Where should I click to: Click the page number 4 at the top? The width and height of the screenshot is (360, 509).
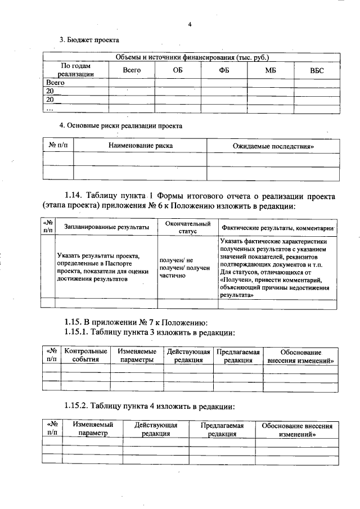(190, 24)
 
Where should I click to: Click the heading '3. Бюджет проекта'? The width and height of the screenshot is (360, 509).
(89, 40)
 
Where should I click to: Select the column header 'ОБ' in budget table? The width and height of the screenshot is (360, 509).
(178, 70)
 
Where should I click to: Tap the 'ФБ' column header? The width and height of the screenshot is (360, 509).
(224, 70)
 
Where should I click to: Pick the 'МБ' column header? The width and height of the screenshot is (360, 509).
(271, 70)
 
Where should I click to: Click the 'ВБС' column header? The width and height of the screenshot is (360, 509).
(317, 70)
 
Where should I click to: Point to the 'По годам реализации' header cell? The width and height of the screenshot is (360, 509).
(75, 70)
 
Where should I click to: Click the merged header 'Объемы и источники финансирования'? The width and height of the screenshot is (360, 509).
(192, 57)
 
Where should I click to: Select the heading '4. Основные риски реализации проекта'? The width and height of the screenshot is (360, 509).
(121, 125)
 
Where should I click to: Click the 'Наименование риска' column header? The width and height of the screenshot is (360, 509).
(140, 146)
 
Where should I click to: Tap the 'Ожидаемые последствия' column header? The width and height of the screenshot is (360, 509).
(273, 146)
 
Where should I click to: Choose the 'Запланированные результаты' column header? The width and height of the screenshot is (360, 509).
(106, 227)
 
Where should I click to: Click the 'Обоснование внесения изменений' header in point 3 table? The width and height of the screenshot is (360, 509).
(300, 355)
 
